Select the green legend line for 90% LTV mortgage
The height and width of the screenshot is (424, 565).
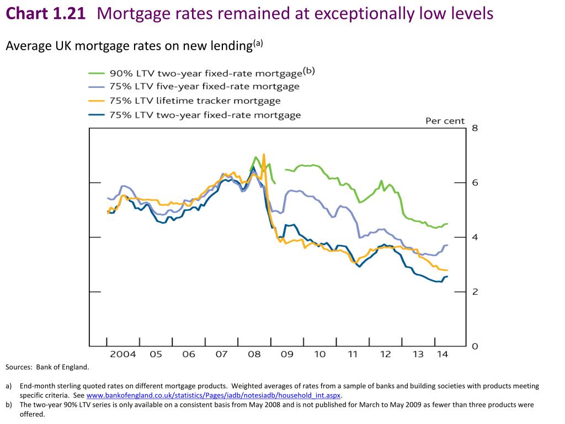98,73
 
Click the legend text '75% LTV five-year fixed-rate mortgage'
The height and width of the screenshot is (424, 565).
205,87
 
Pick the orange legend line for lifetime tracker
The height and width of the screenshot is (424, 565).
98,101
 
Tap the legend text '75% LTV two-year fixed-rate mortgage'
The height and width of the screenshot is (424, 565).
205,115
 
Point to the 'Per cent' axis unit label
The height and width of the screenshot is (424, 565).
445,121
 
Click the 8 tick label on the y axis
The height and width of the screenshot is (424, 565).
475,128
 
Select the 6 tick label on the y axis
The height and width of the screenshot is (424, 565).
475,183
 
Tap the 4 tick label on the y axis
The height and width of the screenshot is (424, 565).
475,237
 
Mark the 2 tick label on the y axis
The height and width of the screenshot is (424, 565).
475,291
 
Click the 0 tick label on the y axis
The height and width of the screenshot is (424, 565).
475,346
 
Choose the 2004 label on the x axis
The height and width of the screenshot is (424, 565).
123,354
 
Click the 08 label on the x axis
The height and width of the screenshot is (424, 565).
254,354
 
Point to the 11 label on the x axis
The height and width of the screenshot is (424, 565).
352,354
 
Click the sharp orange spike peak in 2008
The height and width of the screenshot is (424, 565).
264,155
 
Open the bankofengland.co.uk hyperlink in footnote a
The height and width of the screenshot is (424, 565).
214,396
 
